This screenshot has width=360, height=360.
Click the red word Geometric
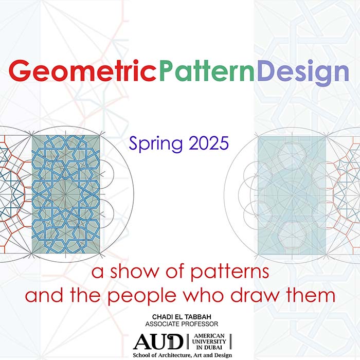[83, 71]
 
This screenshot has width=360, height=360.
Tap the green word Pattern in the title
[207, 71]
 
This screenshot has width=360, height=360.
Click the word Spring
[156, 144]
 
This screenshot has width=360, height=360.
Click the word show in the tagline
[134, 272]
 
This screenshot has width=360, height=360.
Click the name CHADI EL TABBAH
[182, 317]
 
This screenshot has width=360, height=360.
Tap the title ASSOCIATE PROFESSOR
[182, 324]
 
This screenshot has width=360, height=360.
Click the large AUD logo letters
[158, 341]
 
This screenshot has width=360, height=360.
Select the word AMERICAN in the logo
[209, 336]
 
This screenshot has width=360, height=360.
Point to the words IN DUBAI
[209, 347]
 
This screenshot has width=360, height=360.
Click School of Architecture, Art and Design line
[183, 355]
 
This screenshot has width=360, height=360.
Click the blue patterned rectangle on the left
[66, 194]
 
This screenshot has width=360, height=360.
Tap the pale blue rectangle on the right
[292, 195]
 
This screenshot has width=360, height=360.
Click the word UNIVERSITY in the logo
[209, 341]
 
